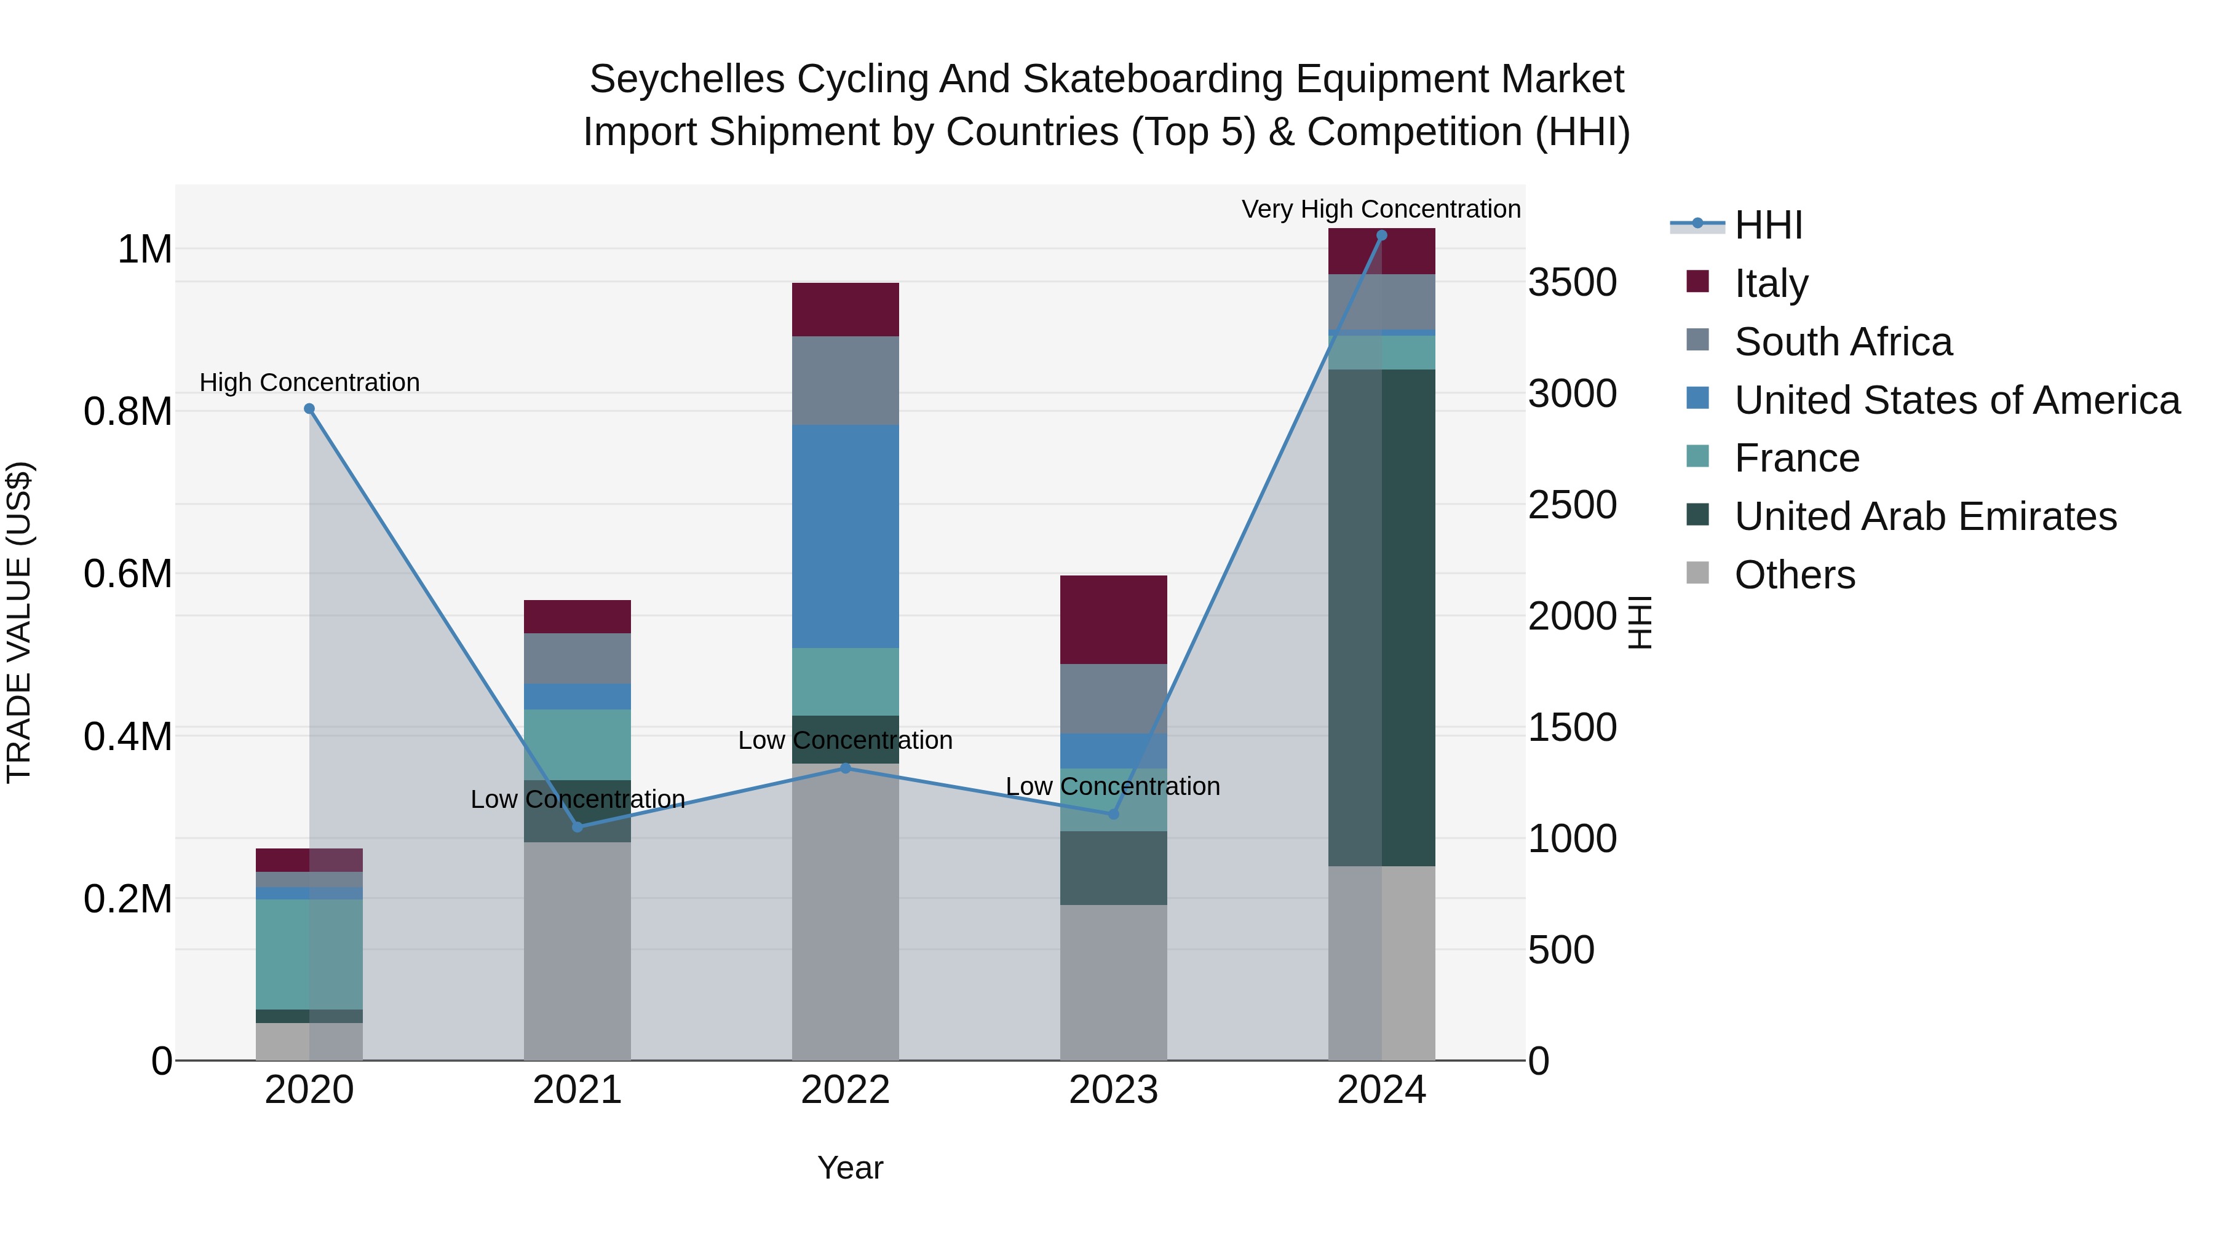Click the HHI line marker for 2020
309,409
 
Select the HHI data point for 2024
1381,235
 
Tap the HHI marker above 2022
845,768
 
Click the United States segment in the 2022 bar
845,536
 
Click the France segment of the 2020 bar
309,954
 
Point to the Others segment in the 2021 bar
577,951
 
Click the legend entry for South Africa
1842,342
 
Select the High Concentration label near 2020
309,382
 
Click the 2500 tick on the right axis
1571,505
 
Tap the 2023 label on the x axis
1113,1090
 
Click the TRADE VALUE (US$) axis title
19,622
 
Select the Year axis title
850,1168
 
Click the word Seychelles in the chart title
687,80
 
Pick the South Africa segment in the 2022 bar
845,381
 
